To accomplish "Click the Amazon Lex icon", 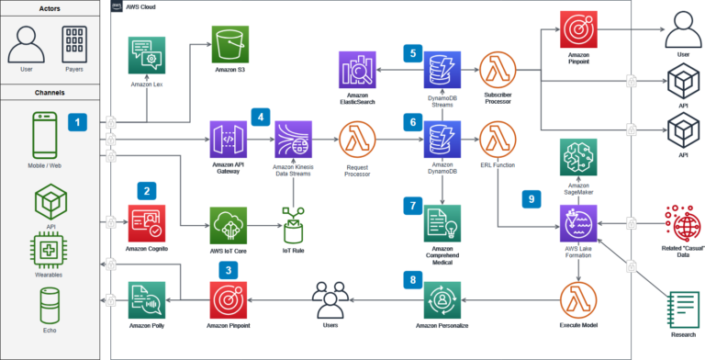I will pyautogui.click(x=147, y=56).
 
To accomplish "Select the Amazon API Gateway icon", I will pyautogui.click(x=229, y=140).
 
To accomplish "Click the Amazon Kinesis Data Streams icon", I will pyautogui.click(x=293, y=140).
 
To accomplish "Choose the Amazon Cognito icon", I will pyautogui.click(x=147, y=222).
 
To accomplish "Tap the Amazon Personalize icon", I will pyautogui.click(x=443, y=299).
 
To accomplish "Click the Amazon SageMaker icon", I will pyautogui.click(x=578, y=157).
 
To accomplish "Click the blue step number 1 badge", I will pyautogui.click(x=79, y=121).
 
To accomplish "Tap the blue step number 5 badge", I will pyautogui.click(x=412, y=52).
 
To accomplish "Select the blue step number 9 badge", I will pyautogui.click(x=531, y=197).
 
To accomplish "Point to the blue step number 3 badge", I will pyautogui.click(x=228, y=269).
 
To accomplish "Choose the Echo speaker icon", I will pyautogui.click(x=51, y=304).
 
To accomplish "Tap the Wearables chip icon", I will pyautogui.click(x=51, y=251).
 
